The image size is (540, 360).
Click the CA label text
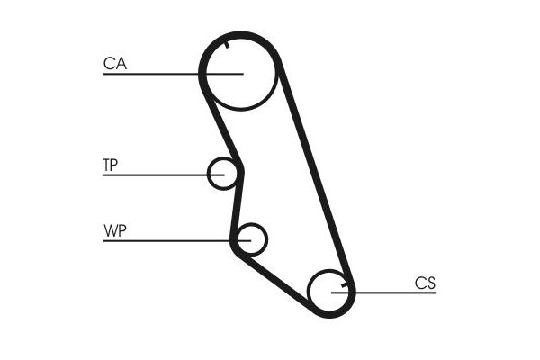coord(114,64)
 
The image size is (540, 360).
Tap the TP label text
coord(110,165)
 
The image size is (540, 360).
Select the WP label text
coord(114,231)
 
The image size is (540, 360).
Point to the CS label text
coord(425,283)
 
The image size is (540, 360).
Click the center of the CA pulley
coord(238,74)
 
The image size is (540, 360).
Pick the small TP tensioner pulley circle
coord(221,173)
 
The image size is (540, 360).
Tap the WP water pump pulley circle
coord(252,239)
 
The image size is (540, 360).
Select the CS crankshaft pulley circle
coord(329,292)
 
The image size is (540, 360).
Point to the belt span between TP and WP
coord(238,202)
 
